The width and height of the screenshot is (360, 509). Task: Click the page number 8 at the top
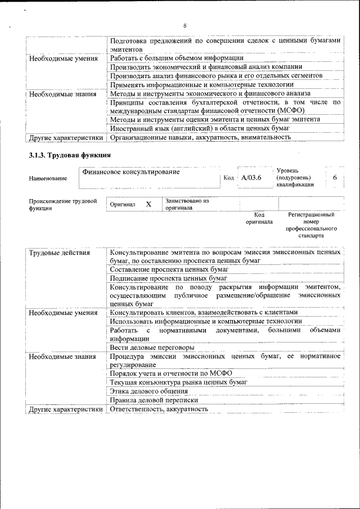184,25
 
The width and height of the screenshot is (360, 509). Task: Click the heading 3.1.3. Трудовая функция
70,155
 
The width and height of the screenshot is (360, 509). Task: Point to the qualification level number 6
335,178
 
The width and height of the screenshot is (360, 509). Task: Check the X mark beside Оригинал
148,204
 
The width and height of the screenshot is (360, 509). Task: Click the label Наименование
48,178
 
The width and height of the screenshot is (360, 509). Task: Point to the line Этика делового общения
149,391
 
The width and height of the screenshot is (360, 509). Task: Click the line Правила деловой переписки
154,400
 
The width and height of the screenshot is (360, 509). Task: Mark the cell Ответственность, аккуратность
159,409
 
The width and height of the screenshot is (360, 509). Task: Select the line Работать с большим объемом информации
177,58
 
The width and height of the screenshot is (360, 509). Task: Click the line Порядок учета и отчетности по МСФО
172,373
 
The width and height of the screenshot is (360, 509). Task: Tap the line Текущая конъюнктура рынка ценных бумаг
179,382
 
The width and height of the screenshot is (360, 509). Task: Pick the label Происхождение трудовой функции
62,204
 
